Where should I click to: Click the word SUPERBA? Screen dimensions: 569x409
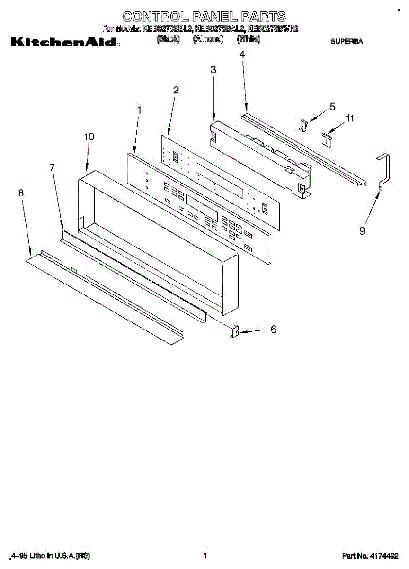click(x=347, y=42)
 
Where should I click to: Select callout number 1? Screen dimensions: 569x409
click(x=139, y=110)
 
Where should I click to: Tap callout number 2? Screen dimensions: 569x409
click(x=176, y=90)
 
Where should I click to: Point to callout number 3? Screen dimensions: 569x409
click(x=213, y=70)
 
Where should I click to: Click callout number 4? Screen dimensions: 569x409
click(x=242, y=55)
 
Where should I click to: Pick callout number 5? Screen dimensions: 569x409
click(x=332, y=107)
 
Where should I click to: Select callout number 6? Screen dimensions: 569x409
click(x=273, y=330)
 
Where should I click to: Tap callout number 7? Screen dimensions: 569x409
click(x=52, y=167)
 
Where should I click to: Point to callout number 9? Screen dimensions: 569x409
click(x=362, y=231)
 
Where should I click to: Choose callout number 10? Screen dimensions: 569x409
click(x=89, y=137)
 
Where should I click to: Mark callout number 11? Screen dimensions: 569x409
click(x=350, y=119)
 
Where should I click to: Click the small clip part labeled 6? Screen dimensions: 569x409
click(x=235, y=331)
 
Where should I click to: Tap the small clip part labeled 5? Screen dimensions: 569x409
click(x=303, y=124)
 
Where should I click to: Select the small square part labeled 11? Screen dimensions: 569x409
click(x=327, y=138)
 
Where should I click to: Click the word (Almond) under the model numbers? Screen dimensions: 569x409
click(x=208, y=39)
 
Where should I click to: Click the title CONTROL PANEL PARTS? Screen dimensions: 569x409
click(x=204, y=17)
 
